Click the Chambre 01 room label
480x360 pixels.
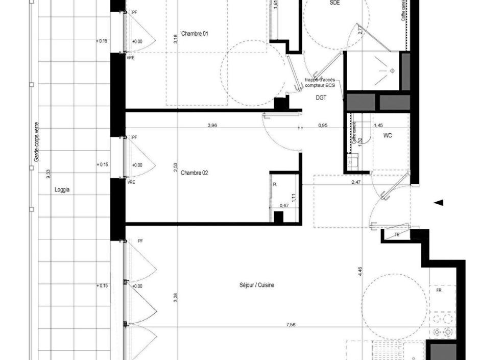(x=191, y=34)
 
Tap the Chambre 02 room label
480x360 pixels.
(x=194, y=173)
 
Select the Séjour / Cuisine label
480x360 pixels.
(x=256, y=285)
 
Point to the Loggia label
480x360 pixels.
(x=62, y=189)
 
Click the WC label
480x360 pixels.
(x=388, y=136)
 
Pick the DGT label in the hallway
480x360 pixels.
(x=321, y=98)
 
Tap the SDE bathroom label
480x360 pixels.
(x=334, y=3)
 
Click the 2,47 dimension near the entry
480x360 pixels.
(x=356, y=181)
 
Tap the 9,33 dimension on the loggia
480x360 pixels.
(x=48, y=174)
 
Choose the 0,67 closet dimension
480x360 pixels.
(x=284, y=206)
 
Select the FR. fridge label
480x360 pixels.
(x=439, y=290)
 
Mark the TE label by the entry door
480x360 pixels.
(x=397, y=235)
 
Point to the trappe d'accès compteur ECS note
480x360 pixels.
(x=320, y=83)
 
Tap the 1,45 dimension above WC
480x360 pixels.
(x=378, y=125)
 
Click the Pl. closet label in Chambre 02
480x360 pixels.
(x=274, y=184)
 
